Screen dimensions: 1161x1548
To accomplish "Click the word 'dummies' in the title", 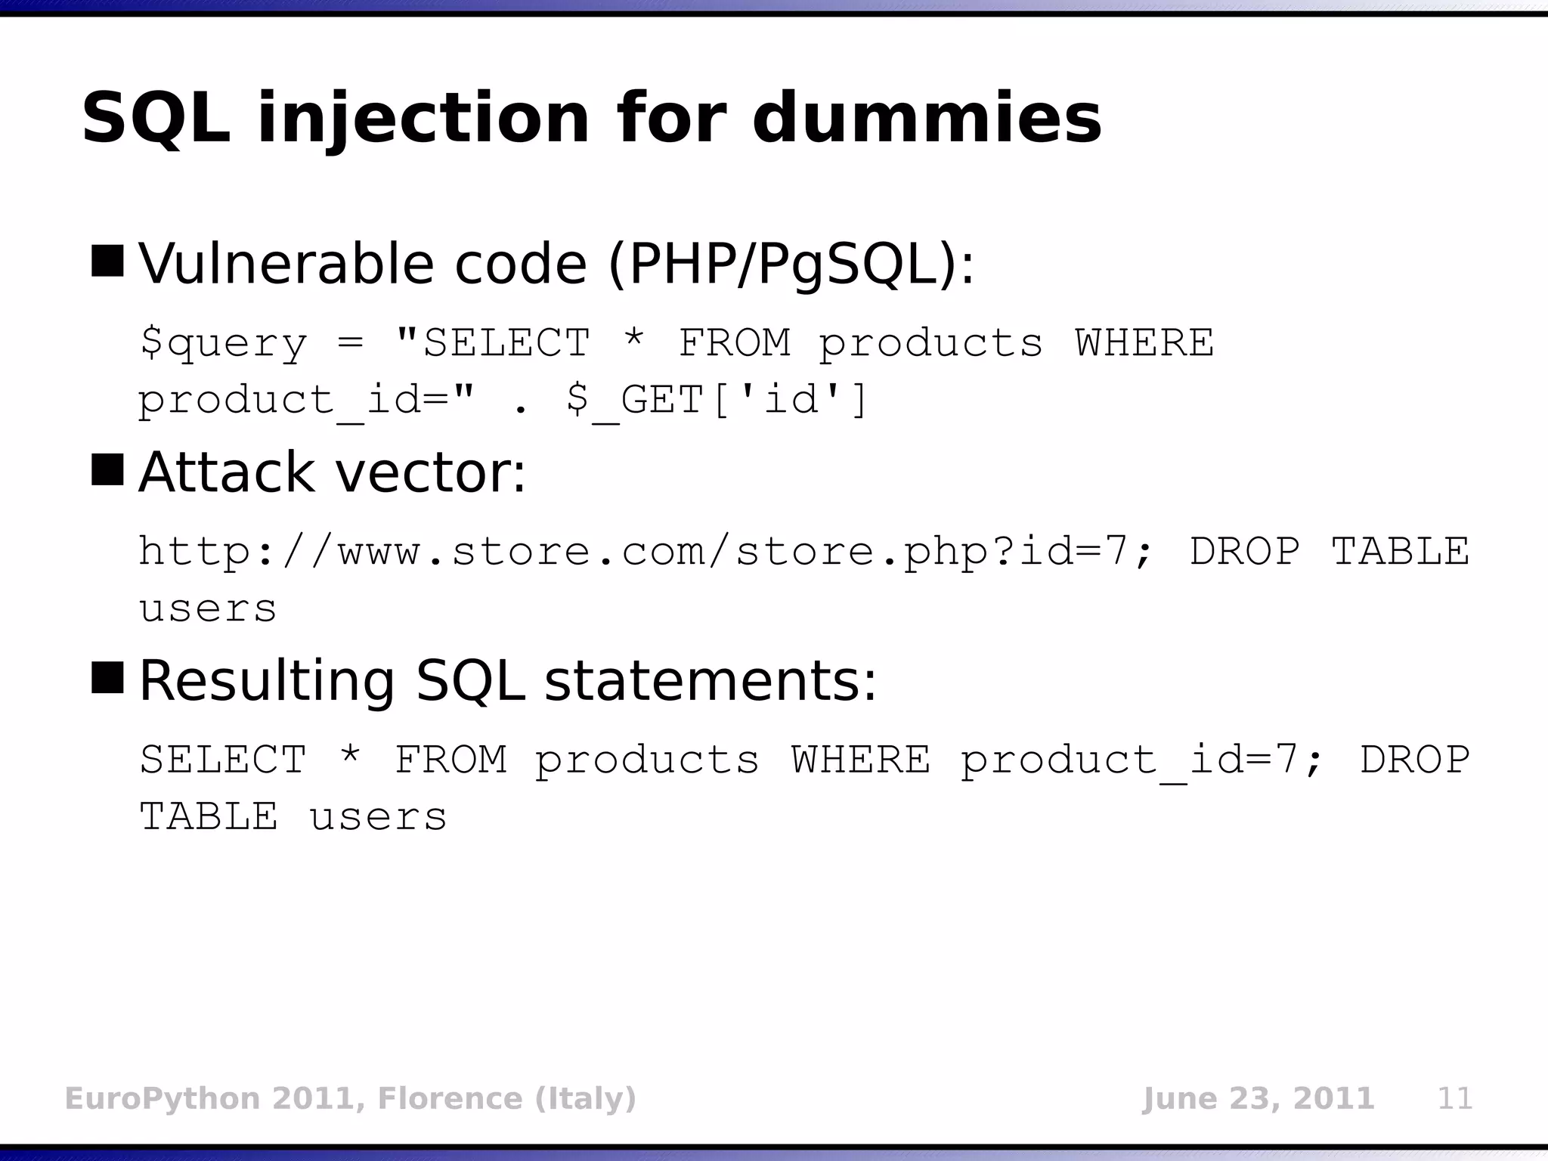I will [927, 118].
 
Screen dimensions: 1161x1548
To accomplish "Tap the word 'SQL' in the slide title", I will [156, 118].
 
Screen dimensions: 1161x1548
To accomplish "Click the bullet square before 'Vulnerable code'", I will [107, 261].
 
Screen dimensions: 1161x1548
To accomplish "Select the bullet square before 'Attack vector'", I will [107, 469].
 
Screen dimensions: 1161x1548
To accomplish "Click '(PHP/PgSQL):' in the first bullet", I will [791, 264].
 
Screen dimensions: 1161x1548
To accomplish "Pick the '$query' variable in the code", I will [224, 344].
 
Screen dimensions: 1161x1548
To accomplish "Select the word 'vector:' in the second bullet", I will [430, 472].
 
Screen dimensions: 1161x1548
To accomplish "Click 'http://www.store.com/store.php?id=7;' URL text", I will [646, 551].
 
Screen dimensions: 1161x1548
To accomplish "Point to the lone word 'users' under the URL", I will [209, 609].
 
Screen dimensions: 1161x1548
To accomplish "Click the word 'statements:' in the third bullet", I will [710, 680].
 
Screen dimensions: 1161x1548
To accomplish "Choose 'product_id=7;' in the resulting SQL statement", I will [1141, 760].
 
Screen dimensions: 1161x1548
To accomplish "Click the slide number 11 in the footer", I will [1454, 1098].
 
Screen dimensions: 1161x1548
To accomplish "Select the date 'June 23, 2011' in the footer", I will [1258, 1098].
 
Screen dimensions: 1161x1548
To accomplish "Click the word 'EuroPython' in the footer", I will [163, 1098].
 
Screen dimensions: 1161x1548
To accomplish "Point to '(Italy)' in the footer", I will [586, 1098].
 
